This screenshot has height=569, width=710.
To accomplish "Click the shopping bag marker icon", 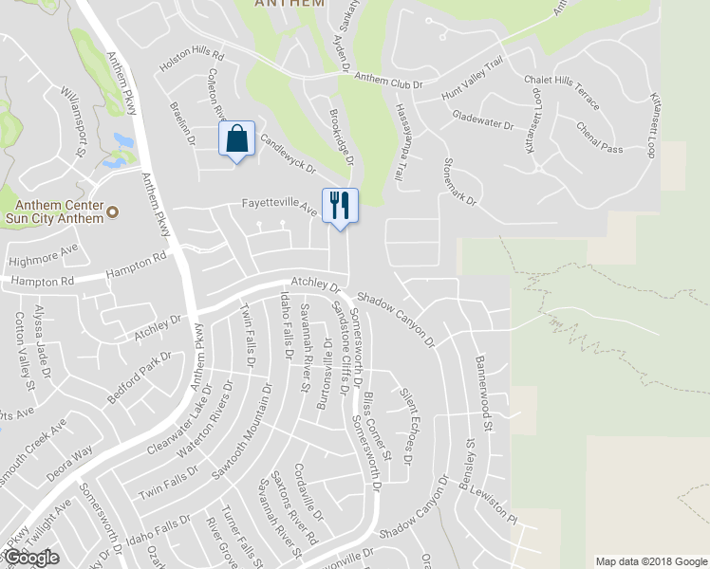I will (236, 139).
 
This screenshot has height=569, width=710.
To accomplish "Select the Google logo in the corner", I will (31, 557).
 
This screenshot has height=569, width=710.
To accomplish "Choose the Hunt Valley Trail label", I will (468, 72).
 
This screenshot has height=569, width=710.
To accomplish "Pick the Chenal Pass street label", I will (599, 138).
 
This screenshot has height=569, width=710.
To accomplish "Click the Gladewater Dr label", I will (482, 119).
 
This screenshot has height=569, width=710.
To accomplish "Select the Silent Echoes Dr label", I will (409, 414).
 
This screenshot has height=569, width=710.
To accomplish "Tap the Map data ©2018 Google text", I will (650, 560).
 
